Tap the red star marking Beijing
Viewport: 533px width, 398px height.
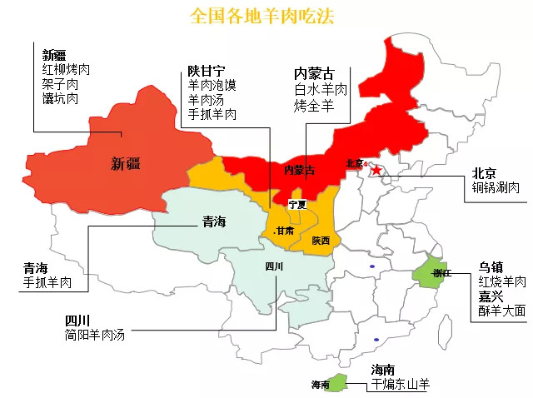pos(377,171)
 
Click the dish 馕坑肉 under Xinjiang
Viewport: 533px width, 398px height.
pos(60,98)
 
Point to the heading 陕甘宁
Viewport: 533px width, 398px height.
pos(206,71)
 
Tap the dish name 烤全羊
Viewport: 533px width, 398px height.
pos(313,106)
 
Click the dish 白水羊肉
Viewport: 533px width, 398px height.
pos(320,90)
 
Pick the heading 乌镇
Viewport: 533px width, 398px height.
pos(490,267)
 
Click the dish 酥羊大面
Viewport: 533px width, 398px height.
pos(502,310)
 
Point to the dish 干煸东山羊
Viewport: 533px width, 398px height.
pos(401,384)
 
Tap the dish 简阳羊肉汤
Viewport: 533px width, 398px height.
pos(94,335)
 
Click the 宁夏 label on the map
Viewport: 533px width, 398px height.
pos(297,204)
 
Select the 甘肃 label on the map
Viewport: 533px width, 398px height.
pos(284,231)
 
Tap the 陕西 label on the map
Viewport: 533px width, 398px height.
pos(321,241)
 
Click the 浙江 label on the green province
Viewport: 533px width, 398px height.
pos(441,273)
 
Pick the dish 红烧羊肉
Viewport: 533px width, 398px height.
pos(502,281)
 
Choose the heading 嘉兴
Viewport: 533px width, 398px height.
pos(490,296)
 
